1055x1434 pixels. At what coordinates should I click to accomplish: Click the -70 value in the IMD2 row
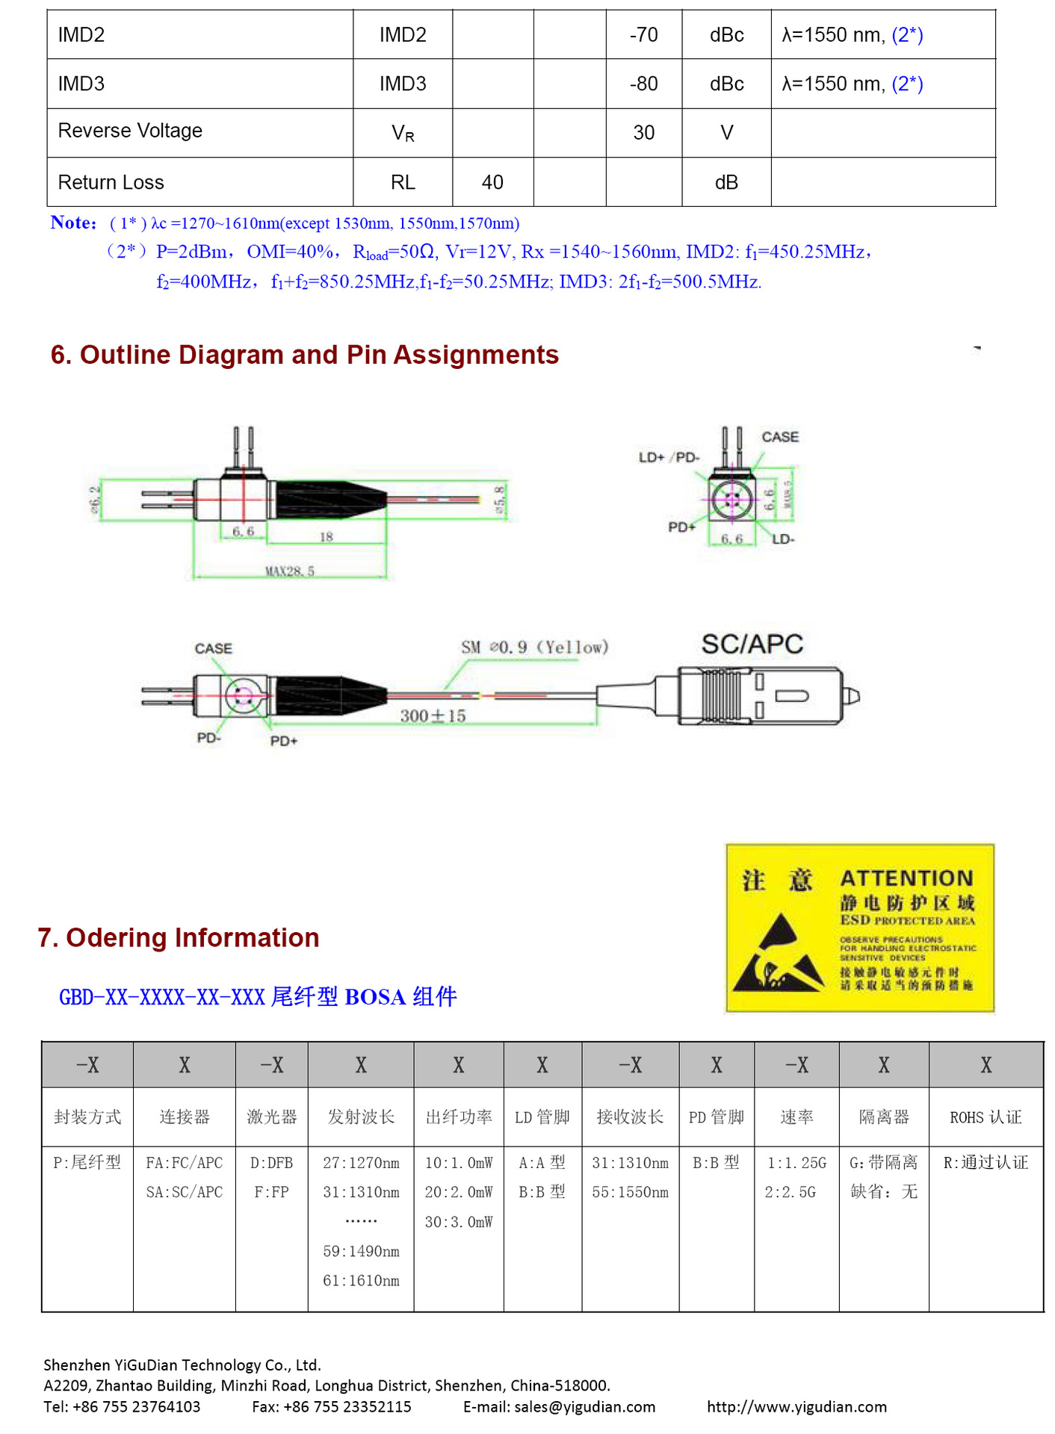pos(643,35)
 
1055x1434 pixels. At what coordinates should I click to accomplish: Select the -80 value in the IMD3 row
pos(643,84)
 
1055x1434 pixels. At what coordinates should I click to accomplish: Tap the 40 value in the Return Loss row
pos(492,182)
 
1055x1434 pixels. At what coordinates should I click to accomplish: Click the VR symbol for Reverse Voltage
pos(403,133)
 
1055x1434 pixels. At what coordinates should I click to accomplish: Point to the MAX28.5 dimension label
pos(290,571)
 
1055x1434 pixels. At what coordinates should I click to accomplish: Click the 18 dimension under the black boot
pos(327,536)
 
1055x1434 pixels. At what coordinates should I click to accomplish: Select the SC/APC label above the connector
pos(752,644)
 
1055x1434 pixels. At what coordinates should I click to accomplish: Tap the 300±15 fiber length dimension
pos(433,716)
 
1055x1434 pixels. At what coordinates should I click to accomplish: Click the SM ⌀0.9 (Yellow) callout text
pos(534,647)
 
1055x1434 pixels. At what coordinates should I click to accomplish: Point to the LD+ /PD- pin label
pos(669,457)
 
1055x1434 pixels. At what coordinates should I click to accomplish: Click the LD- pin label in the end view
pos(782,538)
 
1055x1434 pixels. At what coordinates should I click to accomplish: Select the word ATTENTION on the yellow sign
pos(906,878)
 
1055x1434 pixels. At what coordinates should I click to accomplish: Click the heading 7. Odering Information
pos(179,937)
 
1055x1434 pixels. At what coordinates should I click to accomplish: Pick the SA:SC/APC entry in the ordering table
pos(185,1192)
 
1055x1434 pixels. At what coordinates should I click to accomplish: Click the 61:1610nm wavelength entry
pos(361,1280)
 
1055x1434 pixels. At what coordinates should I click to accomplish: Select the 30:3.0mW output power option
pos(459,1222)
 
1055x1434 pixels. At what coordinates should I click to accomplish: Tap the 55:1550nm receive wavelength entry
pos(630,1192)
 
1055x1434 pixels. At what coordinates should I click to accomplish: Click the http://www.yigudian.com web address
pos(796,1407)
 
